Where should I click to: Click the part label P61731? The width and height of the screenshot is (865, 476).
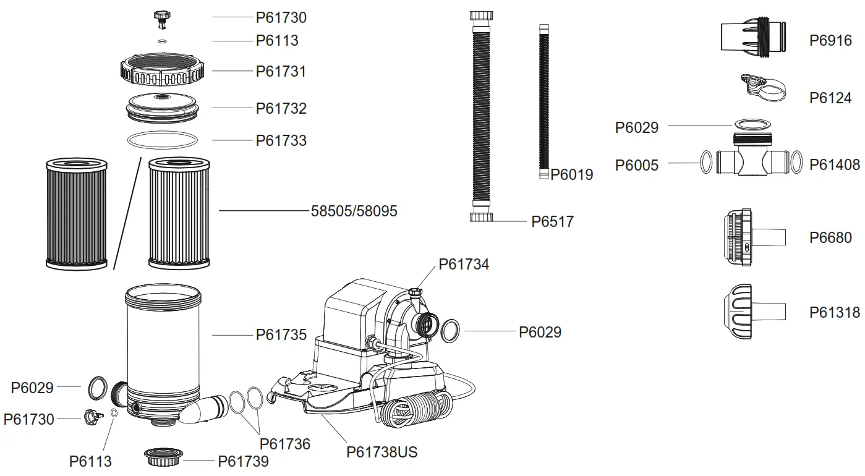(281, 71)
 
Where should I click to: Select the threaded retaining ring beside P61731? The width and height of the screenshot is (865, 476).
(162, 72)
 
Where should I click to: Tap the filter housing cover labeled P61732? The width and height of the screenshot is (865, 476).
(163, 107)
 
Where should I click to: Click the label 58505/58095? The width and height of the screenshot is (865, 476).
(354, 211)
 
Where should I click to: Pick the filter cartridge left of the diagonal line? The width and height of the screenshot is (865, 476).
(77, 213)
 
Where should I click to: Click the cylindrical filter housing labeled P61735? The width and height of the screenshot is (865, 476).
(163, 346)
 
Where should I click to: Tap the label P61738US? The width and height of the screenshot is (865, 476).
(381, 453)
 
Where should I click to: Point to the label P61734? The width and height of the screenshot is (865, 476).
(464, 265)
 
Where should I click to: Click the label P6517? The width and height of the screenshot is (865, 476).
(552, 221)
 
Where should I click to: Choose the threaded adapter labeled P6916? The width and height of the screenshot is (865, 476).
(754, 36)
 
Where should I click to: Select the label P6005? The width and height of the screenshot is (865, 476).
(637, 165)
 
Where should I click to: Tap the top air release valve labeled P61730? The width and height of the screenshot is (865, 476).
(163, 19)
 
